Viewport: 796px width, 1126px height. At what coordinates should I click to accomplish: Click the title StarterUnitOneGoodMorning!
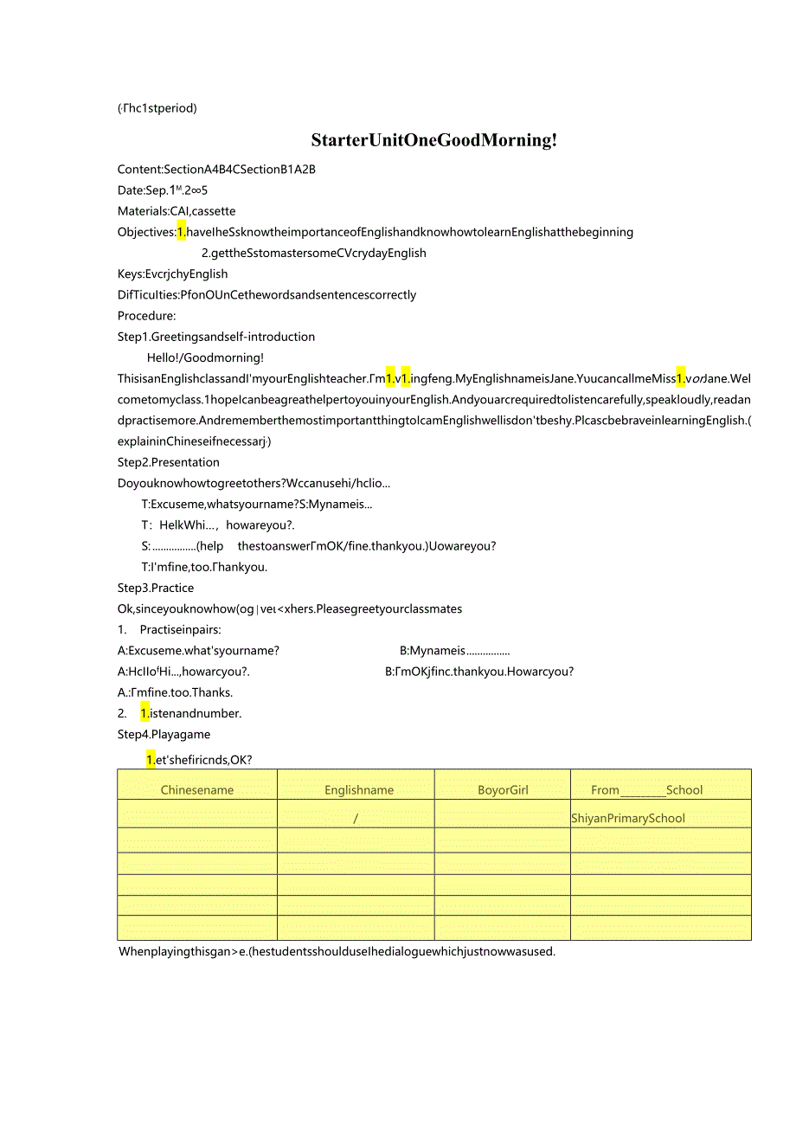(433, 140)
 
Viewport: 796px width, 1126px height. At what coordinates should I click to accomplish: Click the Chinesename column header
(197, 789)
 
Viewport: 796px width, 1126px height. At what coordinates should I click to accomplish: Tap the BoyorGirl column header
(503, 789)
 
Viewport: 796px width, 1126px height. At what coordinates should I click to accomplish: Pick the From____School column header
(659, 789)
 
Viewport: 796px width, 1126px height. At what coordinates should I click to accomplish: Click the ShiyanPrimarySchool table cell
(628, 818)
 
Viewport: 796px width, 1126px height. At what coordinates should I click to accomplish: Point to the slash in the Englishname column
(356, 818)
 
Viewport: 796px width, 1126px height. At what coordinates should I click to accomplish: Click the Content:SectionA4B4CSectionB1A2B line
(216, 170)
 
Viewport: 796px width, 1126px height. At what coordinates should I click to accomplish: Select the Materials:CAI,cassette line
(177, 211)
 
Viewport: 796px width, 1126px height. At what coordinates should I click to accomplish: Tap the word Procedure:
(147, 316)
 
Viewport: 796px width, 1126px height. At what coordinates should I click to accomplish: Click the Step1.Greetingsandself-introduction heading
(216, 337)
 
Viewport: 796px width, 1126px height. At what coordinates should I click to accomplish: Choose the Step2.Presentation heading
(169, 462)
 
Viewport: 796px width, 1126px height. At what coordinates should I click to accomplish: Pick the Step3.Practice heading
(156, 588)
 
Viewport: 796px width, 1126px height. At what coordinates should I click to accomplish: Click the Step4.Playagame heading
(164, 734)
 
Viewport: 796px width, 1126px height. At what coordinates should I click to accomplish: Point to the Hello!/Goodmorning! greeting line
(205, 357)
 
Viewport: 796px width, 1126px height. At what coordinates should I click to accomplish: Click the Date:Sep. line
(163, 190)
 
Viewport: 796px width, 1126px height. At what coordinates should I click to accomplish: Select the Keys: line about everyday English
(173, 273)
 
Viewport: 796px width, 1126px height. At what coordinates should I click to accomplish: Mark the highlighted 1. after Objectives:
(182, 232)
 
